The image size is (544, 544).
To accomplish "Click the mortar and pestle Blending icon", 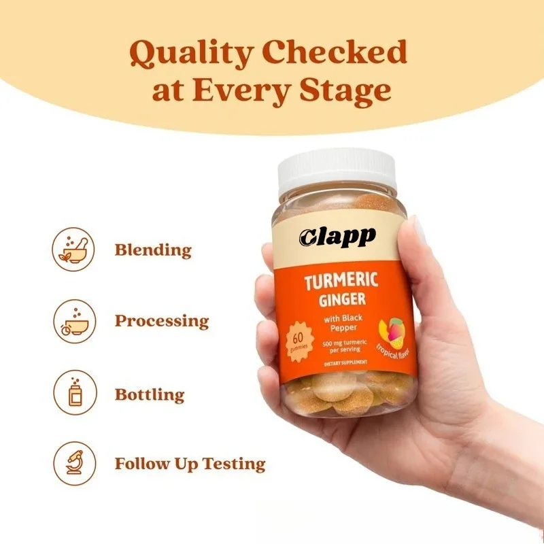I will coord(73,249).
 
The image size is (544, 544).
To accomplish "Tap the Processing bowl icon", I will coord(73,320).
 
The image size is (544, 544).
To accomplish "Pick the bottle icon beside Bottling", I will coord(73,393).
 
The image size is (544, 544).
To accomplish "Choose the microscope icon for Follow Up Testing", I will coord(73,464).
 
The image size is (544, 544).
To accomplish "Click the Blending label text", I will coord(153,250).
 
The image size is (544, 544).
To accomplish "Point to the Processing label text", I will coord(162,321).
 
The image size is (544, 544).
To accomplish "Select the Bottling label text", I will coord(150,394).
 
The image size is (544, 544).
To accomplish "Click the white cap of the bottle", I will coord(337,173).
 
